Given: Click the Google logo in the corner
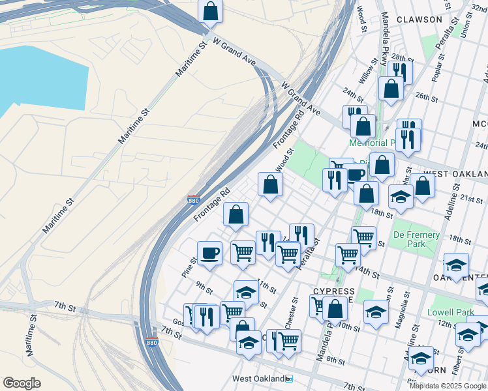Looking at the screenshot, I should point(22,383).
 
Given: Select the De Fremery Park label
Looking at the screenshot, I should point(416,239).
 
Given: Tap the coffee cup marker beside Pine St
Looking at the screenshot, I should point(209,253).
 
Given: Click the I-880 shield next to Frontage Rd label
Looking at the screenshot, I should point(193,199).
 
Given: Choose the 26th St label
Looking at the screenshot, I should point(426,97).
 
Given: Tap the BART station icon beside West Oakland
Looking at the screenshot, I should point(289,379).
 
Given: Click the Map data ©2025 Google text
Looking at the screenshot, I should point(448,385).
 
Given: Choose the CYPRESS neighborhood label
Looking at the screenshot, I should point(334,291).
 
